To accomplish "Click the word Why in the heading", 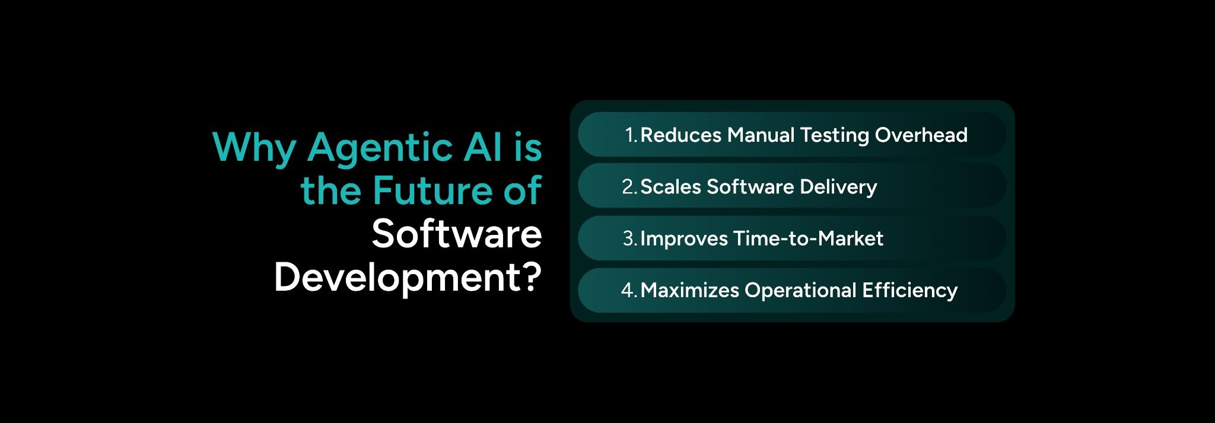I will (x=253, y=147).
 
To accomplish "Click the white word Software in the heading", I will (x=457, y=234).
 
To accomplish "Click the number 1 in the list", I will (x=630, y=135).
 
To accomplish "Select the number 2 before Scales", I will (x=628, y=187).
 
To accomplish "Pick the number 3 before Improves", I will (x=629, y=238).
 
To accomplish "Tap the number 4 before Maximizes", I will (x=628, y=290).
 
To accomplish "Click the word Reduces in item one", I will (x=680, y=135).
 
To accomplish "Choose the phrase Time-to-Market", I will (x=808, y=238).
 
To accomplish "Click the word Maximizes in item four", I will (x=689, y=290).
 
